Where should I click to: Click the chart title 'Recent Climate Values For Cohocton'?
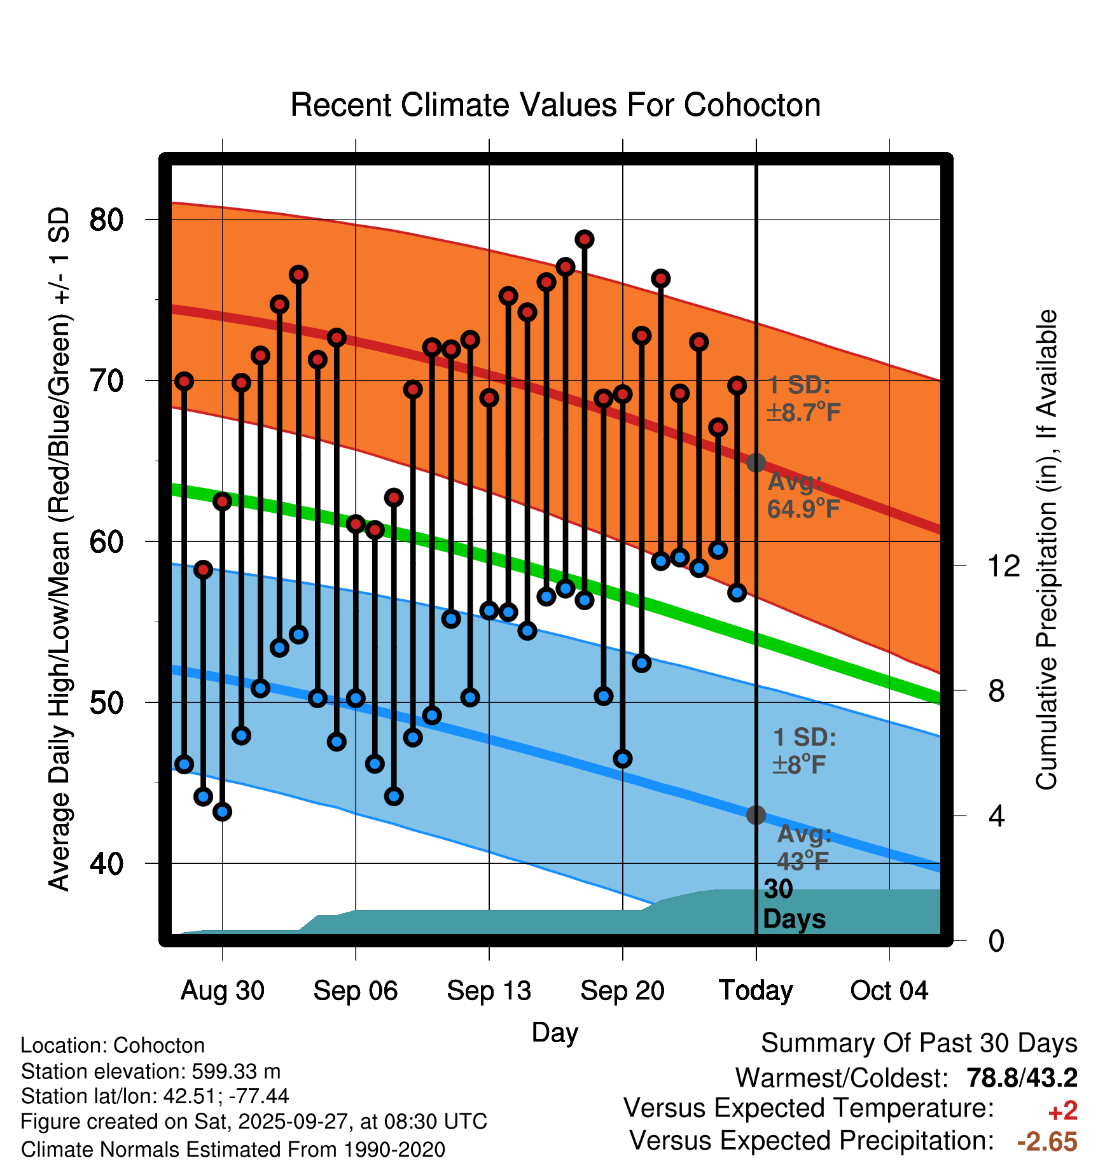click(555, 105)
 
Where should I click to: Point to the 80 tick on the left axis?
click(106, 219)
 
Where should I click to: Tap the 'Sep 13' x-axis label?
click(489, 991)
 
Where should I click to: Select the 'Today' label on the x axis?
click(756, 991)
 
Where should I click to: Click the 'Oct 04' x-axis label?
click(889, 991)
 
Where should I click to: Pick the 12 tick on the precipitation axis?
click(1003, 566)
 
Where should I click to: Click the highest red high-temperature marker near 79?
click(585, 239)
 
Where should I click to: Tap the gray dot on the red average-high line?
click(756, 463)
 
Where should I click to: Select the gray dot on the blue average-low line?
click(756, 814)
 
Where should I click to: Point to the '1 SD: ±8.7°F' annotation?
click(803, 399)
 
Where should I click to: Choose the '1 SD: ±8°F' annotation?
click(803, 751)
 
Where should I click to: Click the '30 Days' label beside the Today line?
click(793, 904)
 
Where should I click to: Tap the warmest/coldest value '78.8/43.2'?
click(1022, 1078)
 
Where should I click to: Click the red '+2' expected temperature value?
click(1062, 1111)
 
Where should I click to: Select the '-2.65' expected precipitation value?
click(1047, 1141)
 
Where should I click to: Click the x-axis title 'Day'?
click(555, 1033)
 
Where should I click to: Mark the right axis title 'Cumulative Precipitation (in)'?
click(1046, 550)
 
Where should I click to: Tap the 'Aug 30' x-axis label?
click(222, 991)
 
